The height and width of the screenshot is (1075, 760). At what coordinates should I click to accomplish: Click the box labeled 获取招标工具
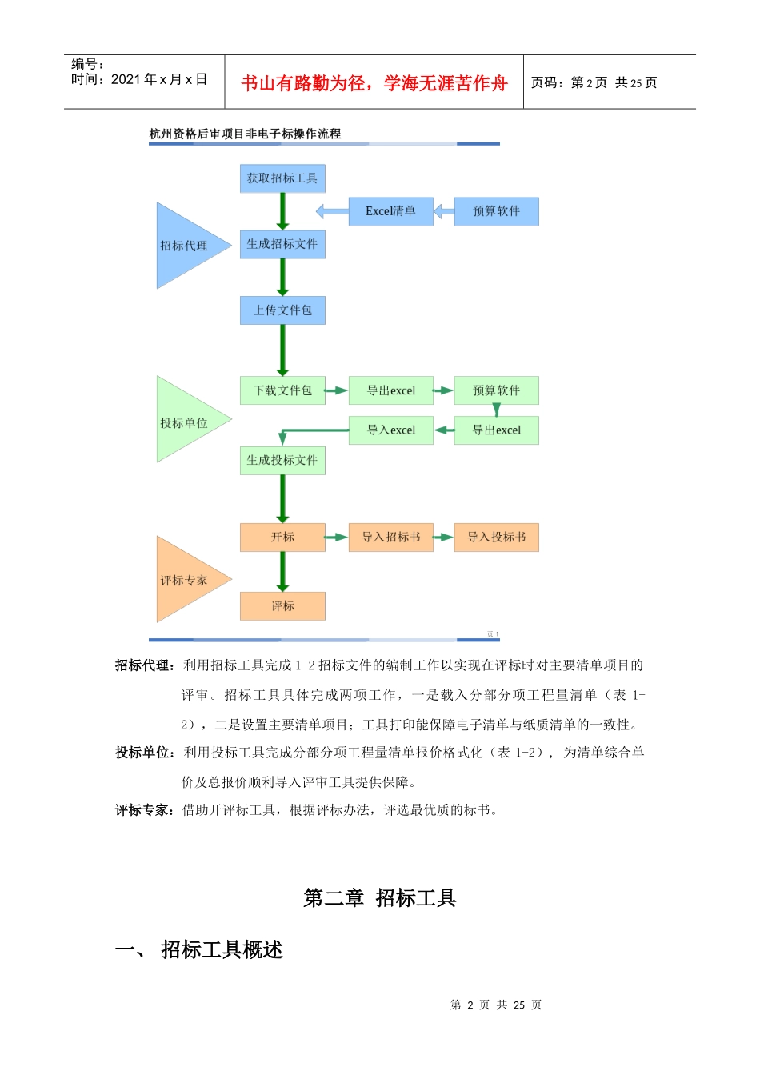[282, 178]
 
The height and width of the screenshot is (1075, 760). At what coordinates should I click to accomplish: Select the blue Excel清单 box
[390, 211]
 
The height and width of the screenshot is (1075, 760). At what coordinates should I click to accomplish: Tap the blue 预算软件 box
[496, 211]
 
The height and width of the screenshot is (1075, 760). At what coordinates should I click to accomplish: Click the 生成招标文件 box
[282, 244]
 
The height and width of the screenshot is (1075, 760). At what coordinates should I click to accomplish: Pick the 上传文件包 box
[282, 310]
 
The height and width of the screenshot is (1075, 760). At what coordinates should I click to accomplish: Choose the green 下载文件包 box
[282, 390]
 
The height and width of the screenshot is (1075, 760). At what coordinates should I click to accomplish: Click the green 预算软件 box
[496, 390]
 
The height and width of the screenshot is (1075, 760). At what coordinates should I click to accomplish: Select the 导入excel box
[390, 430]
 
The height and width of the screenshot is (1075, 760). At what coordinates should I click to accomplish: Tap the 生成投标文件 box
[282, 461]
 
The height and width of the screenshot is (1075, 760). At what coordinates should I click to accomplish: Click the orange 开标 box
[282, 537]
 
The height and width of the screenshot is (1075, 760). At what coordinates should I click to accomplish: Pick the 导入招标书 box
[390, 537]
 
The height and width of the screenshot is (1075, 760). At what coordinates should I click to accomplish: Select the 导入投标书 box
[496, 537]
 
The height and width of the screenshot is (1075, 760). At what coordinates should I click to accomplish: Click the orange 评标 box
[282, 606]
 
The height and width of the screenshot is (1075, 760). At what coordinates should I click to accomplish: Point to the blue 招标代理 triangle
[185, 246]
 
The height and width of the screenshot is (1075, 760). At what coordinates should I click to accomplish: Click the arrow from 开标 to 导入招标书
[337, 537]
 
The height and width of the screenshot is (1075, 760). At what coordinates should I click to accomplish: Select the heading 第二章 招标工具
[379, 898]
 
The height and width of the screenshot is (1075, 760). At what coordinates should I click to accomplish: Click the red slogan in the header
[374, 83]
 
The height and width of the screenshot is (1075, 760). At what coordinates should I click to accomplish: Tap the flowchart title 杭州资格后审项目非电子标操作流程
[245, 134]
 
